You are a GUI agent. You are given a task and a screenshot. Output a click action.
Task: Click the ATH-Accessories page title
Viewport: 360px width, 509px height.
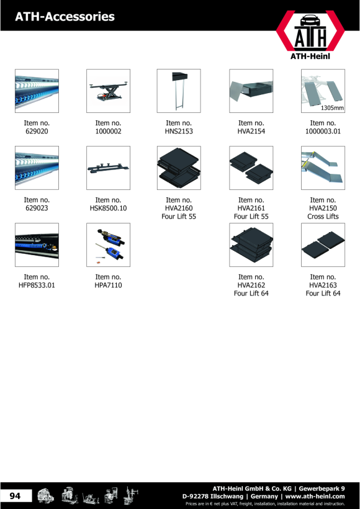65,17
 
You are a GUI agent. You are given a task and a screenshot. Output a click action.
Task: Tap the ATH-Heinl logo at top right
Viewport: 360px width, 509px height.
310,35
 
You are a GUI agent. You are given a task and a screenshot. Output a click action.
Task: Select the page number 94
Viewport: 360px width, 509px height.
15,496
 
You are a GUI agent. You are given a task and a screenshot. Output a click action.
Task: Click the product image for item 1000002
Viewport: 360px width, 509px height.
108,91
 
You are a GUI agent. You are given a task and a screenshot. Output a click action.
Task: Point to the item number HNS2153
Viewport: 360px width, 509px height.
179,132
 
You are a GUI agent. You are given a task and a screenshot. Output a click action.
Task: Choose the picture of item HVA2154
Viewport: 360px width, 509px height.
251,91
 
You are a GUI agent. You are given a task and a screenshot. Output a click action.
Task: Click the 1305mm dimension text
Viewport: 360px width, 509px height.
332,108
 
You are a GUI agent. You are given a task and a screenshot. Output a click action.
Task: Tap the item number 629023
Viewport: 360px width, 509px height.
37,208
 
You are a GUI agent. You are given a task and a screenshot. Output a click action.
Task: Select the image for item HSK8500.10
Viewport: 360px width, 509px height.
108,168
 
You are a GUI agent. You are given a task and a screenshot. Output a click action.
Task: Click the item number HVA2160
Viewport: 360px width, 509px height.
179,208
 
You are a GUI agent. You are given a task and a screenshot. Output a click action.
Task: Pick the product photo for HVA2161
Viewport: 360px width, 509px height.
251,168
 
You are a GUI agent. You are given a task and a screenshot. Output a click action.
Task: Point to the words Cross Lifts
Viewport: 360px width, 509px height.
323,217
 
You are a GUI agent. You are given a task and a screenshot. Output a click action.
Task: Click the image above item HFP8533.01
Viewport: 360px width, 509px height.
37,245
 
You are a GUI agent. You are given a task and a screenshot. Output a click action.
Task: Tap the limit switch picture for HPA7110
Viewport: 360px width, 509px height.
108,245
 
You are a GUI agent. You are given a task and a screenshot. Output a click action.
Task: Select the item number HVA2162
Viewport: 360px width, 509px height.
251,285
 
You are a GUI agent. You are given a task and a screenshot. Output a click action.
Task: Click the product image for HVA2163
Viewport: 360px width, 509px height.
323,245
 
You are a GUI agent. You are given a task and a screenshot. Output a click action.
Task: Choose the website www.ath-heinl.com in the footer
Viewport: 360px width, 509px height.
315,497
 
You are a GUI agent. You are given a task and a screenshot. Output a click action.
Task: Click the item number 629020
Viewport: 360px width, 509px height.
37,132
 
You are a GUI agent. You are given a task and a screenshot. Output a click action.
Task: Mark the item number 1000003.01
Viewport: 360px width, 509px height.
323,132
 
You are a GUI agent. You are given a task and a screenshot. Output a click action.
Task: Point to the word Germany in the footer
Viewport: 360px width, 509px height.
264,497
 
